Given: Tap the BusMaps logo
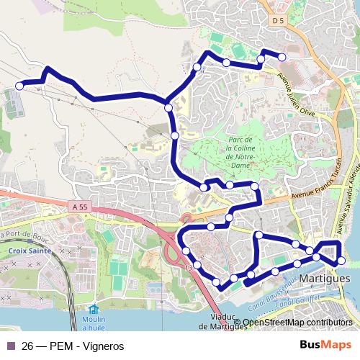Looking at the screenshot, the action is pyautogui.click(x=325, y=345).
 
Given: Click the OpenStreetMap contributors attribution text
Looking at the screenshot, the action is pyautogui.click(x=297, y=323).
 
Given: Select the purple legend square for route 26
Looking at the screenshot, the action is pyautogui.click(x=9, y=345).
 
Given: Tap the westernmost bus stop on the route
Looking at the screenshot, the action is pyautogui.click(x=18, y=86).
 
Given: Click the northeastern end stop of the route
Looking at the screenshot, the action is pyautogui.click(x=282, y=57).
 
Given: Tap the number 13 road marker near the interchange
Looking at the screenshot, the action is pyautogui.click(x=189, y=268).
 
